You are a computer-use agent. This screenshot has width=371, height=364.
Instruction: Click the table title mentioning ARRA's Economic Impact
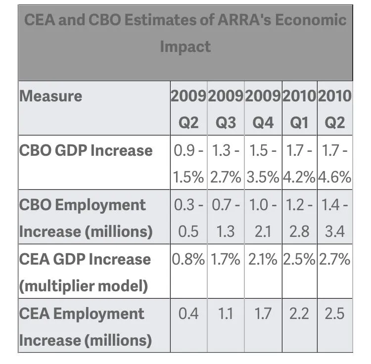point(185,33)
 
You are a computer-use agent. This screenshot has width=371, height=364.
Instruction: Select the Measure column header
point(50,96)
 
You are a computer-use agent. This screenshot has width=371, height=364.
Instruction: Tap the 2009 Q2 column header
point(188,109)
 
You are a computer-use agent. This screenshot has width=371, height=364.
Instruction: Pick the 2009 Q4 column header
point(263,109)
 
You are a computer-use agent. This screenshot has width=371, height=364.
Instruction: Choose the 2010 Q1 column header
point(299,109)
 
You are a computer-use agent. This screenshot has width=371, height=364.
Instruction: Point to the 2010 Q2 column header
point(335,109)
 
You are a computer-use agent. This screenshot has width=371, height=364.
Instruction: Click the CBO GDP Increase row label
point(86,150)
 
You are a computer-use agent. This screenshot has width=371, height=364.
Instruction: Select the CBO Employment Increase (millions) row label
point(86,218)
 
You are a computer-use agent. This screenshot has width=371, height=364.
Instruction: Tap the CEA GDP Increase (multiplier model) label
point(85,272)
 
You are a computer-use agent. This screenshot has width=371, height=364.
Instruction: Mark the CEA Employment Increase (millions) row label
point(85,326)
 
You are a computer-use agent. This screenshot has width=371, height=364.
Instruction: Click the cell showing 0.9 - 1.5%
point(188,163)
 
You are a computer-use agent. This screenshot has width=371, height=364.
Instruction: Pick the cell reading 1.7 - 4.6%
point(335,163)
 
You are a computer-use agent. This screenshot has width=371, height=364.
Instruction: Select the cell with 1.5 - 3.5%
point(263,163)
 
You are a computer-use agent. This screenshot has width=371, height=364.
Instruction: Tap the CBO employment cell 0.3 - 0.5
point(188,218)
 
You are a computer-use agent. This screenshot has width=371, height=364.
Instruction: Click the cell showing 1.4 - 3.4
point(335,218)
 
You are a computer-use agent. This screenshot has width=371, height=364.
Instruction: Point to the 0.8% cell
point(188,259)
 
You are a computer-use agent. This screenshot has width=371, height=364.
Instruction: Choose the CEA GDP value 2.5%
point(299,259)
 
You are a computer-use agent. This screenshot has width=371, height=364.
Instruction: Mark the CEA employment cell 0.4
point(188,314)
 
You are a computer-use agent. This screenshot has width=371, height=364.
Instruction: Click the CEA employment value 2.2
point(299,314)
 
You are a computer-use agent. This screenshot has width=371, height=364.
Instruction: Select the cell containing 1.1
point(226,314)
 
